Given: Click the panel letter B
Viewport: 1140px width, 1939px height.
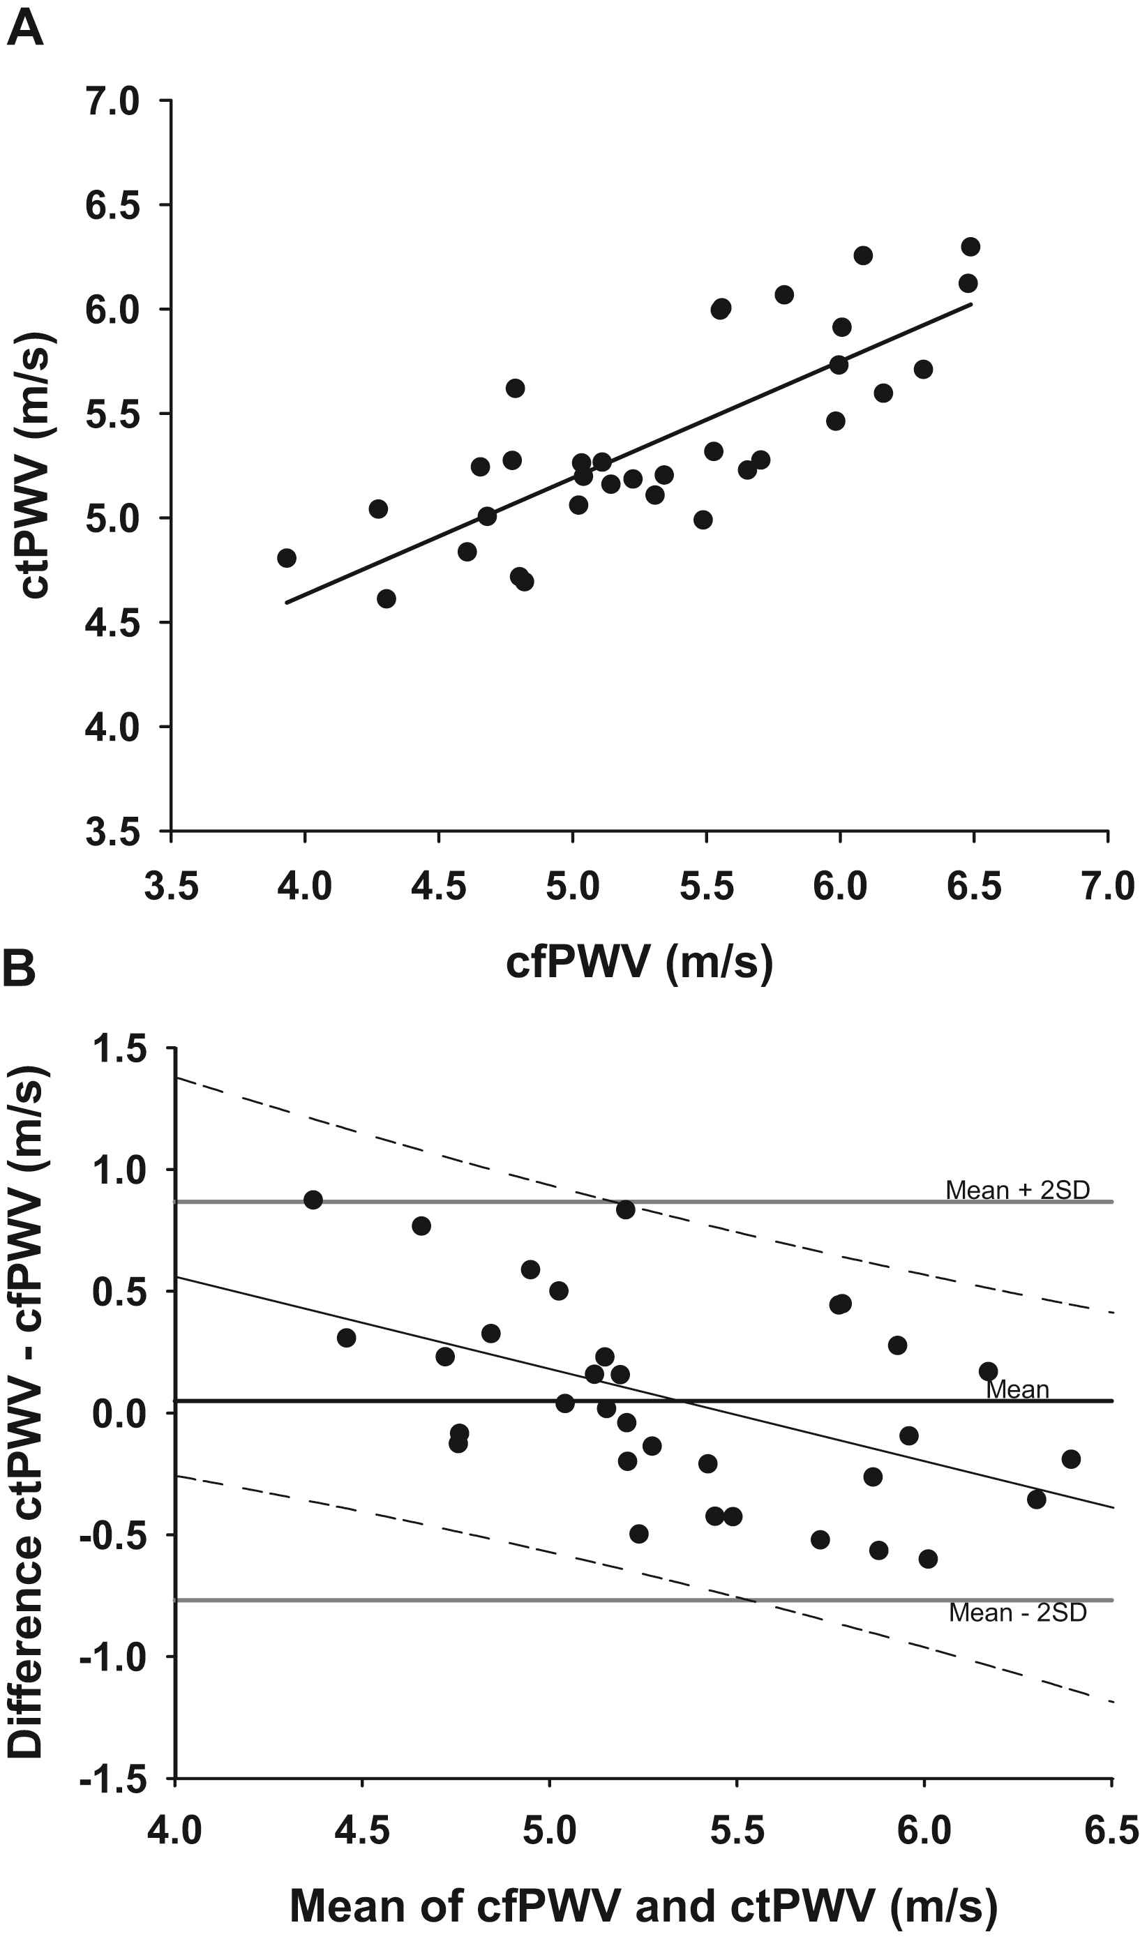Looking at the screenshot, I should pos(20,969).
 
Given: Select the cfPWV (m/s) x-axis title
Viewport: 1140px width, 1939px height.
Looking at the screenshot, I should pos(639,962).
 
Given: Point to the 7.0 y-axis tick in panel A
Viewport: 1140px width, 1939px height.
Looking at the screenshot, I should pos(112,102).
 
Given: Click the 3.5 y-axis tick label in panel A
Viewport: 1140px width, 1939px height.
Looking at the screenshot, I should pos(112,833).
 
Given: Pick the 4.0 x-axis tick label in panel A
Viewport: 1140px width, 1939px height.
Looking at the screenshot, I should pos(305,886).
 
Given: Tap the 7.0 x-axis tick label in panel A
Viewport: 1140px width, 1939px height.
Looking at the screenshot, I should pos(1108,886).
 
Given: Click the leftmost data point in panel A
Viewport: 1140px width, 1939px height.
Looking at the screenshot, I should pos(286,558).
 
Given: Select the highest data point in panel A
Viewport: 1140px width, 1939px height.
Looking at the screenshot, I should pos(970,247).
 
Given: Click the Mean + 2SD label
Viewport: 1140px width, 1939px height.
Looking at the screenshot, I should pos(1018,1190).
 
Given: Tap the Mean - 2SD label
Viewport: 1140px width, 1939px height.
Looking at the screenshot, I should pos(1018,1612).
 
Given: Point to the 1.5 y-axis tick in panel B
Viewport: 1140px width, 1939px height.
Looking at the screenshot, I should pos(119,1050).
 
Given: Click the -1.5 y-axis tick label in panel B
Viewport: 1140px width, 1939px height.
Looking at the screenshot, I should pos(113,1780).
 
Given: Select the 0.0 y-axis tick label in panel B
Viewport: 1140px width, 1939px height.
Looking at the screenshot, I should pos(119,1414).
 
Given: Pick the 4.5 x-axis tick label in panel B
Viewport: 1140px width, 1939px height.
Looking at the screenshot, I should pos(362,1829).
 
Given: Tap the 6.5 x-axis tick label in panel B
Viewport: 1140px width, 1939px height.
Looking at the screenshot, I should pos(1111,1829).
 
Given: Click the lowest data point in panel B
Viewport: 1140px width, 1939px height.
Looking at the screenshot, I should pos(929,1559).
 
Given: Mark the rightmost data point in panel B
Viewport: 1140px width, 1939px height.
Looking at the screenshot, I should pos(1071,1459).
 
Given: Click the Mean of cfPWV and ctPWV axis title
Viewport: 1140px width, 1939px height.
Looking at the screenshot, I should pos(643,1906).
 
